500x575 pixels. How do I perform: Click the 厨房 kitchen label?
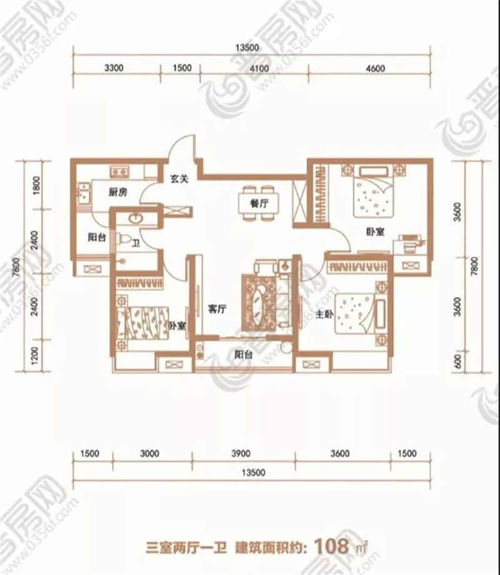118,191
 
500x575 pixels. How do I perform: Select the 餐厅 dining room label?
259,203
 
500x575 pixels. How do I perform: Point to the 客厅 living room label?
217,309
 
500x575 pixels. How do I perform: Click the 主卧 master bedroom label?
324,314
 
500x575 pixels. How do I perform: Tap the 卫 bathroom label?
136,243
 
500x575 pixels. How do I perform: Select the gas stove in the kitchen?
119,171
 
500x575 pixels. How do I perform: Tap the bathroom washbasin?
135,218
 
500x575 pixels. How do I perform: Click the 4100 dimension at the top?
259,69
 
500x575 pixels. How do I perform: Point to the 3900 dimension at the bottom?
241,454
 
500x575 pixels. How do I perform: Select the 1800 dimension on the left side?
36,186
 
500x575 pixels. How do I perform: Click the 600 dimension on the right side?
458,362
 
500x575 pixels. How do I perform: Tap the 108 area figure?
331,546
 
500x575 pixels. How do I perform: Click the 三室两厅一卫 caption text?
186,548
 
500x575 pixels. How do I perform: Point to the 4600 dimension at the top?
376,69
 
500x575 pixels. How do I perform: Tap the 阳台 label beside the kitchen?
97,237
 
